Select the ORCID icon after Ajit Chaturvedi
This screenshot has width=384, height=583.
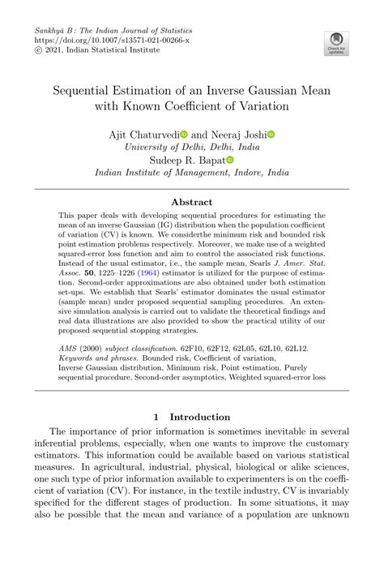(x=184, y=134)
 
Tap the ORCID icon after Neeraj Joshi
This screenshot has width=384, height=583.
(x=271, y=134)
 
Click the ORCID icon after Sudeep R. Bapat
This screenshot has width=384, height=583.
(x=230, y=161)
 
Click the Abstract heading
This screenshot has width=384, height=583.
(x=192, y=202)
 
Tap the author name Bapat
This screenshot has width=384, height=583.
(x=210, y=161)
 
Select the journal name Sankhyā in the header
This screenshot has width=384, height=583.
(x=49, y=28)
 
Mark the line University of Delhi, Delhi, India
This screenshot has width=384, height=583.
(x=192, y=147)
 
